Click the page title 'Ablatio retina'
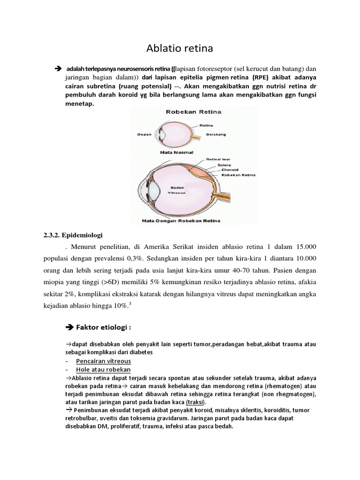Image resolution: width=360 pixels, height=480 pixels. (180, 48)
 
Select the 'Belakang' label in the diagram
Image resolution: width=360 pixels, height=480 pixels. (216, 134)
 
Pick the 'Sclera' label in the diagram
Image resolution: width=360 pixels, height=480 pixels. (223, 165)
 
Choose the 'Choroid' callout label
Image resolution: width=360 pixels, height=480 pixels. (226, 170)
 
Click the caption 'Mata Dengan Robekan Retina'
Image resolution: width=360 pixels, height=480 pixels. (181, 220)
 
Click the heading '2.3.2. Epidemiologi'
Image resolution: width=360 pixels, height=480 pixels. (73, 234)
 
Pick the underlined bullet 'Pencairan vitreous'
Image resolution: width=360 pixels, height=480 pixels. (103, 361)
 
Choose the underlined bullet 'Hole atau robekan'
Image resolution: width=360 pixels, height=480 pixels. (103, 369)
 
